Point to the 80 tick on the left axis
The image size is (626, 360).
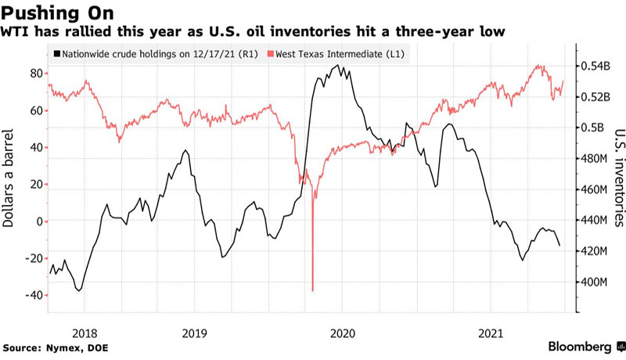(x=34, y=74)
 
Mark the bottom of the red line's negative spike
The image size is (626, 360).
(x=313, y=290)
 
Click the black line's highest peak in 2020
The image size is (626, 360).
(x=337, y=67)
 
